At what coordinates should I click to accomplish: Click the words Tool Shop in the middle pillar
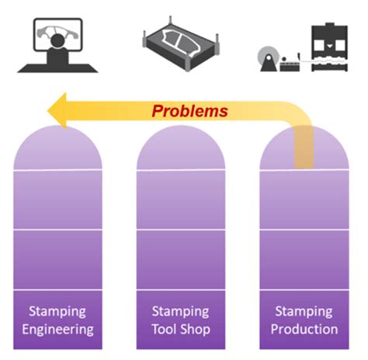pyautogui.click(x=181, y=329)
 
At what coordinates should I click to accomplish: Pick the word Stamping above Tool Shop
pyautogui.click(x=181, y=312)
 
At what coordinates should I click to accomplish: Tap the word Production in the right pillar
pyautogui.click(x=305, y=329)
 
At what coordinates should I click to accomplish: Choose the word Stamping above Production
pyautogui.click(x=305, y=312)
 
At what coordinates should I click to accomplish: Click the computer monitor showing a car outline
pyautogui.click(x=57, y=34)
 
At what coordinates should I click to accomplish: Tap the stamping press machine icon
pyautogui.click(x=332, y=46)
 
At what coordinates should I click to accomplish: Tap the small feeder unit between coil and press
pyautogui.click(x=294, y=62)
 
